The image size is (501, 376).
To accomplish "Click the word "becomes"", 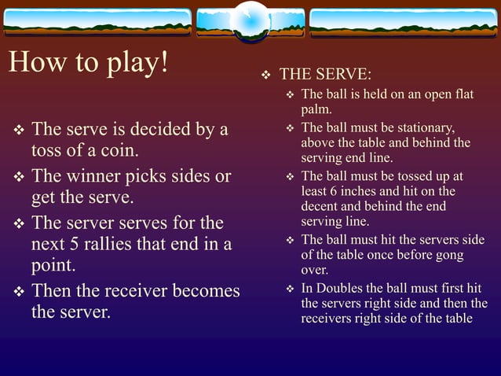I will (205, 291).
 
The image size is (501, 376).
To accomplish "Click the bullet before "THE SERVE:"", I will (265, 76).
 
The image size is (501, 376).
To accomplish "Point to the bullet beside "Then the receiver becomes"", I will (19, 292).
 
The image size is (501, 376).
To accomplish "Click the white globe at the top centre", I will (251, 17).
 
